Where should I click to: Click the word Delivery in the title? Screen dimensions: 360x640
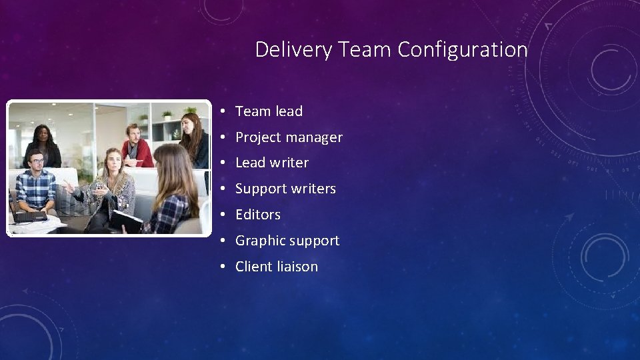click(x=293, y=50)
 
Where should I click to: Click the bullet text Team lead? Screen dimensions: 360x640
click(x=269, y=111)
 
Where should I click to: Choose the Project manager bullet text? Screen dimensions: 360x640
click(x=289, y=137)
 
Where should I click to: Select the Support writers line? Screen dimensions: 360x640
click(x=285, y=189)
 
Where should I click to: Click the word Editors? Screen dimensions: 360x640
click(x=258, y=215)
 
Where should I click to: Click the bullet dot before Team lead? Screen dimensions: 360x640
click(x=221, y=111)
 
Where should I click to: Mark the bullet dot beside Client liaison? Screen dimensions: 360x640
click(x=221, y=267)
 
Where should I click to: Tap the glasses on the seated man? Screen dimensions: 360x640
click(x=37, y=161)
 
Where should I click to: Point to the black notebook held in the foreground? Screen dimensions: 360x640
click(x=127, y=221)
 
